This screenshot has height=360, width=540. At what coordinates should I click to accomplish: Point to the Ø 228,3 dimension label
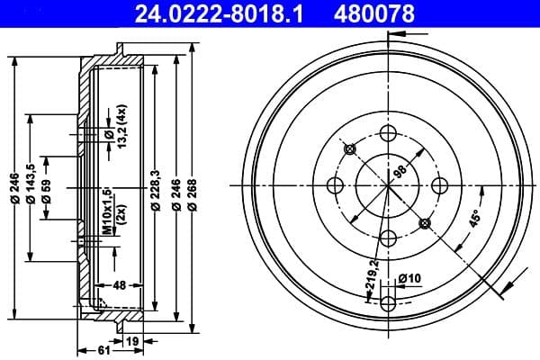[157, 192]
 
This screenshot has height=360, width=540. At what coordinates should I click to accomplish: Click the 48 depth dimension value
[119, 286]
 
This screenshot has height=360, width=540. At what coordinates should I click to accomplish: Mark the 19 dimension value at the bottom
[133, 341]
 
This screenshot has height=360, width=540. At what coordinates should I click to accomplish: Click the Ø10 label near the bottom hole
[409, 277]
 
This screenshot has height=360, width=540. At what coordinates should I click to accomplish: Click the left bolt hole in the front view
[336, 185]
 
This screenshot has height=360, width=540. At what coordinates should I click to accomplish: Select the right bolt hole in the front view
[440, 185]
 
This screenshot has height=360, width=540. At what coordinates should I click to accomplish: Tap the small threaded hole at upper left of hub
[351, 148]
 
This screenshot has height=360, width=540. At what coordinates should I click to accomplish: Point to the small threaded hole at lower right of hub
[425, 222]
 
